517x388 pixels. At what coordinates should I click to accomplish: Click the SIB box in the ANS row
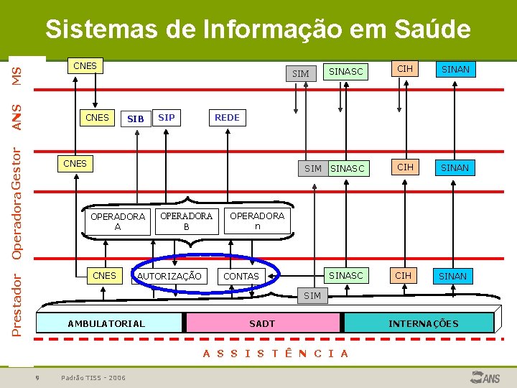click(x=136, y=119)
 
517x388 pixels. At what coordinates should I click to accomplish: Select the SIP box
click(x=166, y=117)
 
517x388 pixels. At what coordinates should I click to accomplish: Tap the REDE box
click(x=227, y=117)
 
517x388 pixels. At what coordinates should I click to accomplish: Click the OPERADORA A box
click(x=118, y=221)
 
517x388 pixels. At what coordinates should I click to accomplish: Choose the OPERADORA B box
click(x=186, y=221)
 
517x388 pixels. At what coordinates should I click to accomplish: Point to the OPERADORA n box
click(x=257, y=221)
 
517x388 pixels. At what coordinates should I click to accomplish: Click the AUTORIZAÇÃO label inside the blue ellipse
click(x=169, y=277)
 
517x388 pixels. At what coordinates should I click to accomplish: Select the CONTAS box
click(x=242, y=277)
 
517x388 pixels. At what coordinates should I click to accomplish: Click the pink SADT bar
click(x=262, y=323)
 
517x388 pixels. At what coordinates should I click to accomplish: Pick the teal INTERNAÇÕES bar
click(x=423, y=323)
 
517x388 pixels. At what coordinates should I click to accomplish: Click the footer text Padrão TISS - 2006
click(x=93, y=377)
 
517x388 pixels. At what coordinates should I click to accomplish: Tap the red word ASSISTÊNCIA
click(x=276, y=353)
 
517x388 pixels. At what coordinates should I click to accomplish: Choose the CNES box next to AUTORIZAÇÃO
click(x=105, y=276)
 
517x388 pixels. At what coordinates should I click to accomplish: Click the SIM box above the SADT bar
click(x=312, y=295)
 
